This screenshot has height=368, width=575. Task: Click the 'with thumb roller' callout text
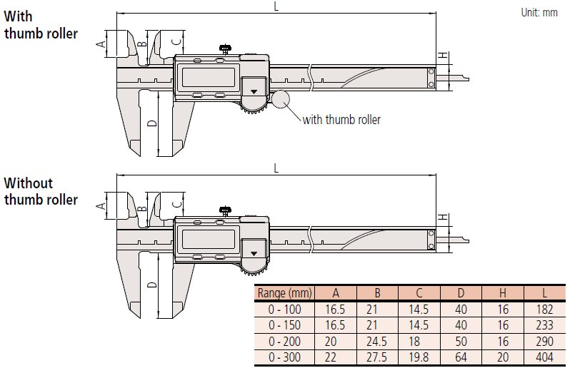341,120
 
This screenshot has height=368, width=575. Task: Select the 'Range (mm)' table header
284,292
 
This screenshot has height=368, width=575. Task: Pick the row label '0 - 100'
284,309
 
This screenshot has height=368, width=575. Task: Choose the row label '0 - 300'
284,357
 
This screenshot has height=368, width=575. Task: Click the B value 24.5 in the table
379,341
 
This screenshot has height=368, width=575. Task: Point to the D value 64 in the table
461,357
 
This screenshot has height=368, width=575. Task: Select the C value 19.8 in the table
420,357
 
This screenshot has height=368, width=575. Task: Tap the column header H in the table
504,292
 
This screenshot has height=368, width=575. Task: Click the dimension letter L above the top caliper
276,6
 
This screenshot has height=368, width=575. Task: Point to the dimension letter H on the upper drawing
443,56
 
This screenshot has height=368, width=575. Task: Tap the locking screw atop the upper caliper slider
226,49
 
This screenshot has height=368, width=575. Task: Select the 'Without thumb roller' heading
40,191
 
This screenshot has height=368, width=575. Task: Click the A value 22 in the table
336,357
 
